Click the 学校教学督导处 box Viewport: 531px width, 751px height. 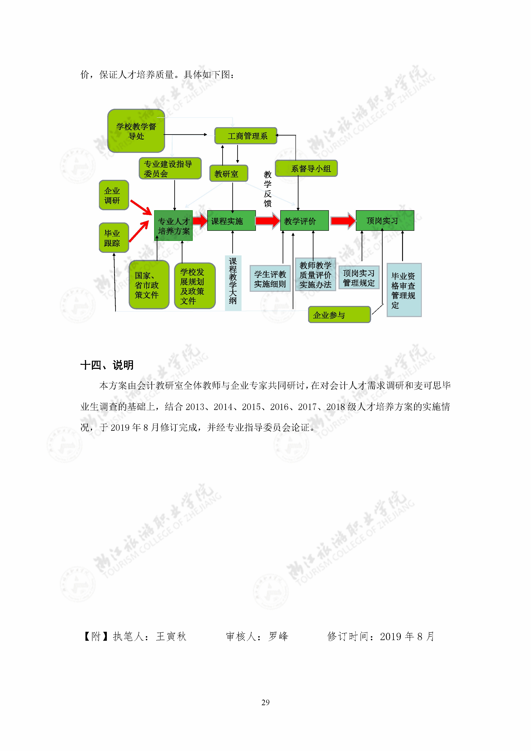coord(136,131)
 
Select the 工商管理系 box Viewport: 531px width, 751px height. coord(246,136)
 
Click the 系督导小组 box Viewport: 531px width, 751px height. coord(306,168)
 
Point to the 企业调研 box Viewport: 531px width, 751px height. coord(114,195)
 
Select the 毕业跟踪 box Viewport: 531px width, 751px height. coord(114,238)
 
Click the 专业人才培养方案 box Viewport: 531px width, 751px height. coord(173,226)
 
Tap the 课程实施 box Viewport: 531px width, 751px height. coord(231,221)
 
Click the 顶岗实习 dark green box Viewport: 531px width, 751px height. coord(385,221)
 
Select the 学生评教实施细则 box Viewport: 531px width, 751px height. coord(270,278)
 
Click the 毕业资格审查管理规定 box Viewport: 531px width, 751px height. coord(404,290)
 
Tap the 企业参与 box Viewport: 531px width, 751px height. coord(340,315)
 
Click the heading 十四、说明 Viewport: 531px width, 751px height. coord(107,365)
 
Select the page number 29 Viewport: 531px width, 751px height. coord(266,702)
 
